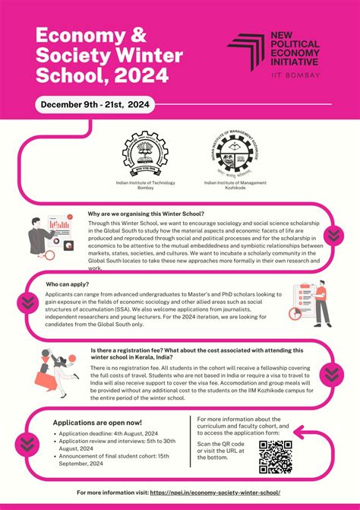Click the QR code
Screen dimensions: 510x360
coord(275,456)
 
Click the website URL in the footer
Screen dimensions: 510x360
coord(220,493)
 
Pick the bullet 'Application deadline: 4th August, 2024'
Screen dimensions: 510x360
coord(109,433)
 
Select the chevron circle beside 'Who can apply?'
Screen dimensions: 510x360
coord(27,301)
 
